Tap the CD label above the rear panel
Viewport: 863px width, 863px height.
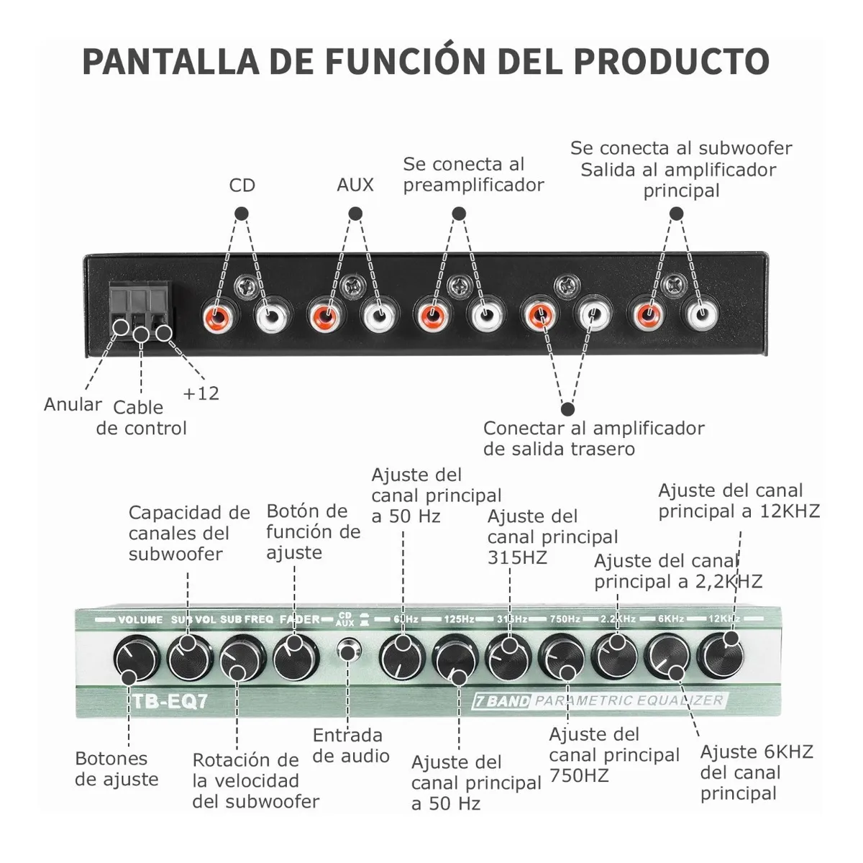click(242, 186)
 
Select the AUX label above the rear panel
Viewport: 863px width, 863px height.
click(355, 185)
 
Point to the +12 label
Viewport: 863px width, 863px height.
click(201, 393)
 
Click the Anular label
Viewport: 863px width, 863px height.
click(73, 404)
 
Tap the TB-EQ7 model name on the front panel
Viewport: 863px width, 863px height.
click(170, 700)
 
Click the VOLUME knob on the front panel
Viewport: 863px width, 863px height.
click(136, 657)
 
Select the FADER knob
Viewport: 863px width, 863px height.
click(296, 655)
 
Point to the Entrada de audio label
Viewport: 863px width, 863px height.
click(351, 746)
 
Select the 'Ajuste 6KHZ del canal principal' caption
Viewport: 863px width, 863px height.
click(756, 772)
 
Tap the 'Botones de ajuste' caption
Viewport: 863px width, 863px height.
click(117, 769)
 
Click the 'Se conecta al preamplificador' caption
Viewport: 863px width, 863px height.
click(473, 175)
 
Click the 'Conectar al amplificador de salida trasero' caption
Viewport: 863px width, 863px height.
click(593, 439)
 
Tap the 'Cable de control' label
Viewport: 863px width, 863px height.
click(141, 418)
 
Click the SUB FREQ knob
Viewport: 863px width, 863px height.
click(242, 656)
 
